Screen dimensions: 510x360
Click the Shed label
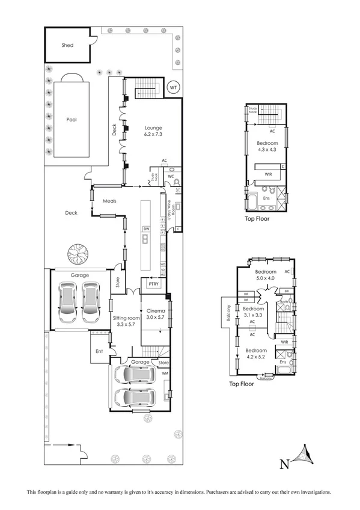tap(67, 45)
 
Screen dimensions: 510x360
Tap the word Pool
tap(71, 120)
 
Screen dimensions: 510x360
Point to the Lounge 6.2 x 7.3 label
tap(153, 131)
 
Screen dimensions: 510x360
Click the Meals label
tap(109, 201)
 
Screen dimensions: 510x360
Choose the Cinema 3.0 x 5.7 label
tap(155, 313)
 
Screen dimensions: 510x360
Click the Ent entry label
tap(99, 352)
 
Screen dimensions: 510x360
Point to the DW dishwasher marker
tap(145, 229)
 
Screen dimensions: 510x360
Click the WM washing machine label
tap(165, 373)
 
